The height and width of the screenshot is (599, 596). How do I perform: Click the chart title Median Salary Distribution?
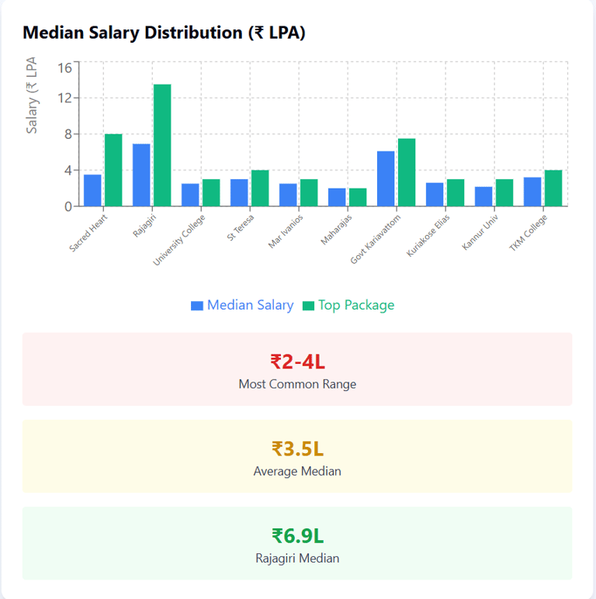pyautogui.click(x=164, y=33)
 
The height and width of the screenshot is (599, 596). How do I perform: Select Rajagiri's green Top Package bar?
pyautogui.click(x=162, y=145)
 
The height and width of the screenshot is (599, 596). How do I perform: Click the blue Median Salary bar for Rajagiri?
pyautogui.click(x=141, y=175)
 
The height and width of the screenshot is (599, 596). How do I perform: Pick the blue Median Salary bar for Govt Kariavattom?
pyautogui.click(x=386, y=178)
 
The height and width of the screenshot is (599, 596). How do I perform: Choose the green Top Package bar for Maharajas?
pyautogui.click(x=358, y=197)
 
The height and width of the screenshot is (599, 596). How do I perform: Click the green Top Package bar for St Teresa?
pyautogui.click(x=260, y=188)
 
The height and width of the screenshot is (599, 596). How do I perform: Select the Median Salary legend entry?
pyautogui.click(x=242, y=305)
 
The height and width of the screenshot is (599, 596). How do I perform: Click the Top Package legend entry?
pyautogui.click(x=348, y=305)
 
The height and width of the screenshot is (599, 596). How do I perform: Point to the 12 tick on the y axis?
pyautogui.click(x=64, y=98)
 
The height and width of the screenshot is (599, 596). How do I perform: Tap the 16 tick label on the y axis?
pyautogui.click(x=64, y=68)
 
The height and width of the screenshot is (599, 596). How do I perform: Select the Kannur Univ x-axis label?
pyautogui.click(x=480, y=234)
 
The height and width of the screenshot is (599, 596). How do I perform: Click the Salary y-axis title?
pyautogui.click(x=33, y=95)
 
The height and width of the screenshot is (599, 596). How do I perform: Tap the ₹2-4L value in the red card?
pyautogui.click(x=297, y=362)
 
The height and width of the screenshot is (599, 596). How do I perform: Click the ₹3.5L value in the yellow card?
pyautogui.click(x=297, y=448)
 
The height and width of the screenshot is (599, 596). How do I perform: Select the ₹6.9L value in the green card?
pyautogui.click(x=297, y=535)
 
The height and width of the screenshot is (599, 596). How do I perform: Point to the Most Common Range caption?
pyautogui.click(x=297, y=384)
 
